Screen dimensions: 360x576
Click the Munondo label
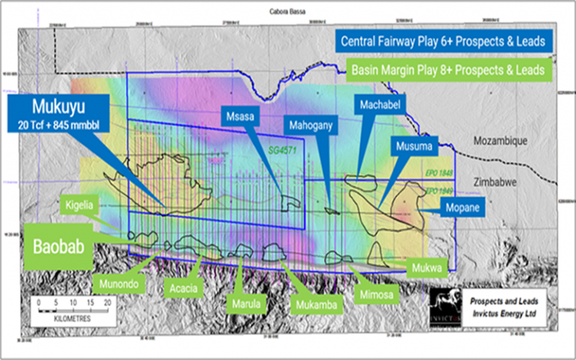click(118, 283)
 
